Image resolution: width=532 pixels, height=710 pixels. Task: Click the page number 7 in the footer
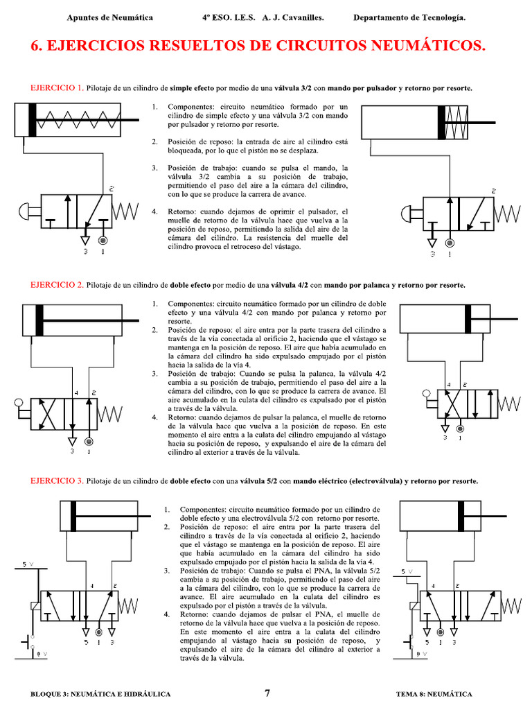(267, 693)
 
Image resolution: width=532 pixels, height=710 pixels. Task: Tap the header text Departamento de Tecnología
(409, 17)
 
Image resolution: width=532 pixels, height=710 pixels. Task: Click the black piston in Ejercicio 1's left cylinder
(33, 119)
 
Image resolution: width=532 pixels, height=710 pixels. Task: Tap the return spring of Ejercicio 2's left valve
(110, 414)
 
